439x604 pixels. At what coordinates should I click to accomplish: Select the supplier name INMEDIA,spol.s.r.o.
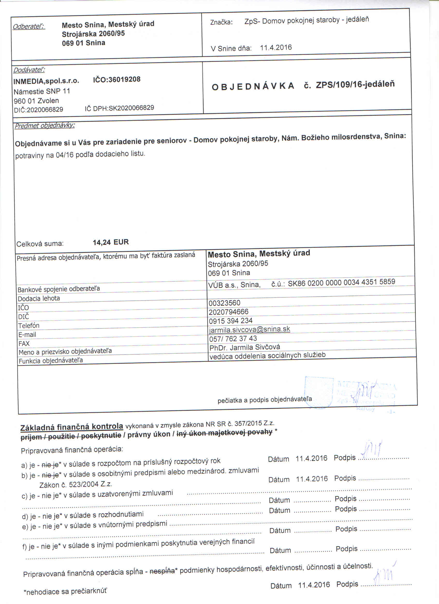coord(46,81)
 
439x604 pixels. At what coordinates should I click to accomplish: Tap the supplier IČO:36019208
coord(116,79)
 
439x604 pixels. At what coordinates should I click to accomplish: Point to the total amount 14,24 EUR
coord(111,242)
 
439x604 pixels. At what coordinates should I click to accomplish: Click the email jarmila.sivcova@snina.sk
coord(250,329)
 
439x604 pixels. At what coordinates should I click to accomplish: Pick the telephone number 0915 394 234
coord(231,321)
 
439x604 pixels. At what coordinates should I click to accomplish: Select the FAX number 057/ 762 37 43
coord(233,338)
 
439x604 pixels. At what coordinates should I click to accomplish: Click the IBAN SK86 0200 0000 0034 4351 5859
coord(341,282)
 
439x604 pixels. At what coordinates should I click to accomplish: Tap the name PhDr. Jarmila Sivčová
coord(245,347)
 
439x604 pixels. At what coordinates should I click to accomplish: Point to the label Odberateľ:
coord(29,27)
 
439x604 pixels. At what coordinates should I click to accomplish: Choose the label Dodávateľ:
coord(29,70)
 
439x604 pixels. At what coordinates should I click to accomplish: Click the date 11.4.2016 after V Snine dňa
coord(276,48)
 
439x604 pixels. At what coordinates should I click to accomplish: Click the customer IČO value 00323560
coord(224,303)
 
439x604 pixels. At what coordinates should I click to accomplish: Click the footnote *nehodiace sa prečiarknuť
coord(65,592)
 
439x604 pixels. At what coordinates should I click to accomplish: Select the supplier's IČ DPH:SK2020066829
coord(119,108)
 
